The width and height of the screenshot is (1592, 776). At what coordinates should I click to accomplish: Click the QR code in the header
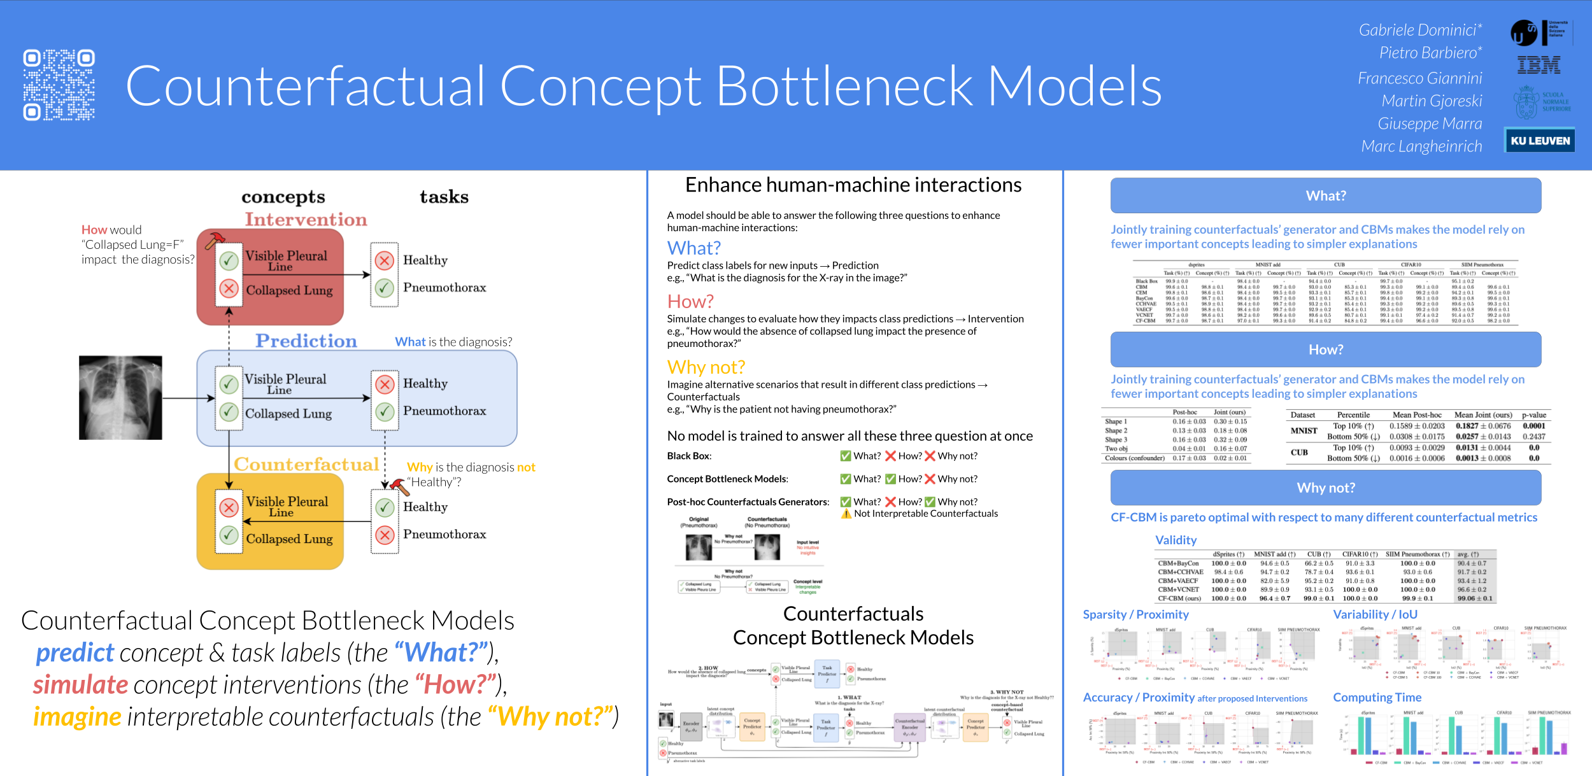click(x=59, y=85)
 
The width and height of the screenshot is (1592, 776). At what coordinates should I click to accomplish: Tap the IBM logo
click(x=1539, y=65)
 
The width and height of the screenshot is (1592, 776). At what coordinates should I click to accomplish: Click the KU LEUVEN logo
click(x=1540, y=141)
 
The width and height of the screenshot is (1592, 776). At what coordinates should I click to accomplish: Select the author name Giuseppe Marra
click(x=1430, y=123)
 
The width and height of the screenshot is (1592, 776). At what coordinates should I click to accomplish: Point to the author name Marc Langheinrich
click(x=1421, y=146)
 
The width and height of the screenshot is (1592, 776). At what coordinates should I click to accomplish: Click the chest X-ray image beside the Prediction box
click(x=120, y=398)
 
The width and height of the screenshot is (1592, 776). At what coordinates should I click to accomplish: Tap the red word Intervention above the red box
click(x=306, y=220)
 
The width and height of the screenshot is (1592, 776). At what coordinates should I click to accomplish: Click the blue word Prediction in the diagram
click(x=306, y=341)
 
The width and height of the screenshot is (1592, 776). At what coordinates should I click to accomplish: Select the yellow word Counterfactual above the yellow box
click(x=306, y=465)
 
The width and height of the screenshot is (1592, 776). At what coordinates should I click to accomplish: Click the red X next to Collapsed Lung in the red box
click(x=229, y=289)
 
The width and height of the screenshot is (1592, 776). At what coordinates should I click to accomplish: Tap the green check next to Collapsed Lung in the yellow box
click(x=229, y=535)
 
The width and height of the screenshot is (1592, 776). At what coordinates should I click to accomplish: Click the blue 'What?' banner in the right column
click(x=1325, y=195)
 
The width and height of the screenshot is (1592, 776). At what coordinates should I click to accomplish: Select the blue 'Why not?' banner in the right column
click(x=1325, y=488)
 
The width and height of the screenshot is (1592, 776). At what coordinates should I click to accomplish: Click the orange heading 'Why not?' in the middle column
click(x=706, y=367)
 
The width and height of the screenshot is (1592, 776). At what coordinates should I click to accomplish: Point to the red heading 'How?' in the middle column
click(x=690, y=301)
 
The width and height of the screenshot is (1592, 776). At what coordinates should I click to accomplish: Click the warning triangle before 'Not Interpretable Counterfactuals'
click(x=846, y=514)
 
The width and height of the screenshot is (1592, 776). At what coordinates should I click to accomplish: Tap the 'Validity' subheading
click(x=1176, y=540)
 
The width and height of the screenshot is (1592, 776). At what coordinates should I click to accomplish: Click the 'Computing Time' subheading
click(x=1377, y=698)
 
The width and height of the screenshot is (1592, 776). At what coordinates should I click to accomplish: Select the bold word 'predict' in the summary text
click(x=75, y=653)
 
